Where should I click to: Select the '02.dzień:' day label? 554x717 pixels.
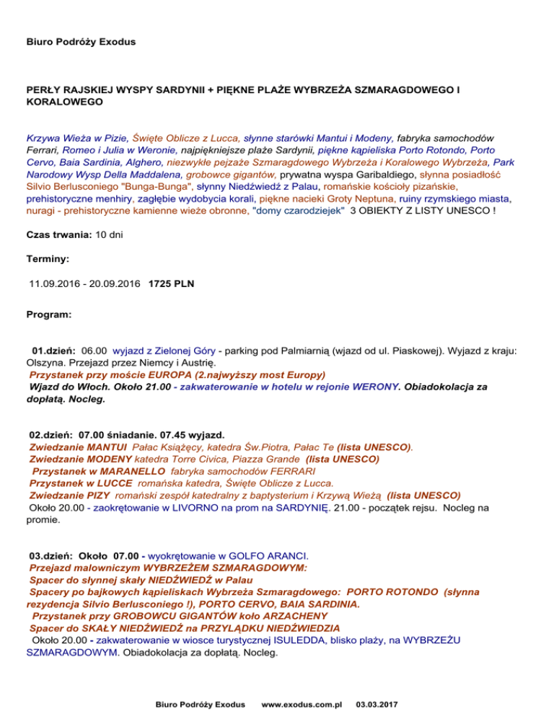[x=49, y=435]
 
